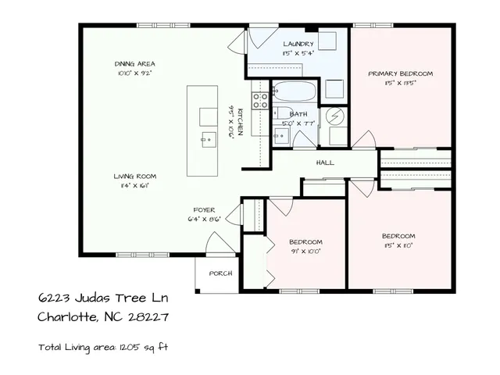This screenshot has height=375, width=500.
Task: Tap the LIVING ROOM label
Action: [x=130, y=177]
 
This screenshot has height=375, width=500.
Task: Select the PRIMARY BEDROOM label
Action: [x=400, y=73]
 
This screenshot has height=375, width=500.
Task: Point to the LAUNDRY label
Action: [x=298, y=44]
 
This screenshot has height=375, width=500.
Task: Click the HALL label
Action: [x=325, y=163]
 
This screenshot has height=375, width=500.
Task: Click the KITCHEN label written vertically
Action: [x=241, y=122]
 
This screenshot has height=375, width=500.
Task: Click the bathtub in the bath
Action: [x=295, y=91]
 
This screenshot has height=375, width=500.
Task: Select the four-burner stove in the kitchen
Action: [x=260, y=99]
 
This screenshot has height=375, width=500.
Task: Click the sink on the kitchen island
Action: [x=208, y=141]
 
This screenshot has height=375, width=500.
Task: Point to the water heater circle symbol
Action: [x=336, y=116]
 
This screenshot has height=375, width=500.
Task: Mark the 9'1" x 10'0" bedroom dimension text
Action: [x=306, y=251]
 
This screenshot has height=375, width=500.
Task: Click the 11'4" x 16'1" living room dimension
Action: [x=130, y=186]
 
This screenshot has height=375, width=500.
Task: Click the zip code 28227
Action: [x=152, y=317]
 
